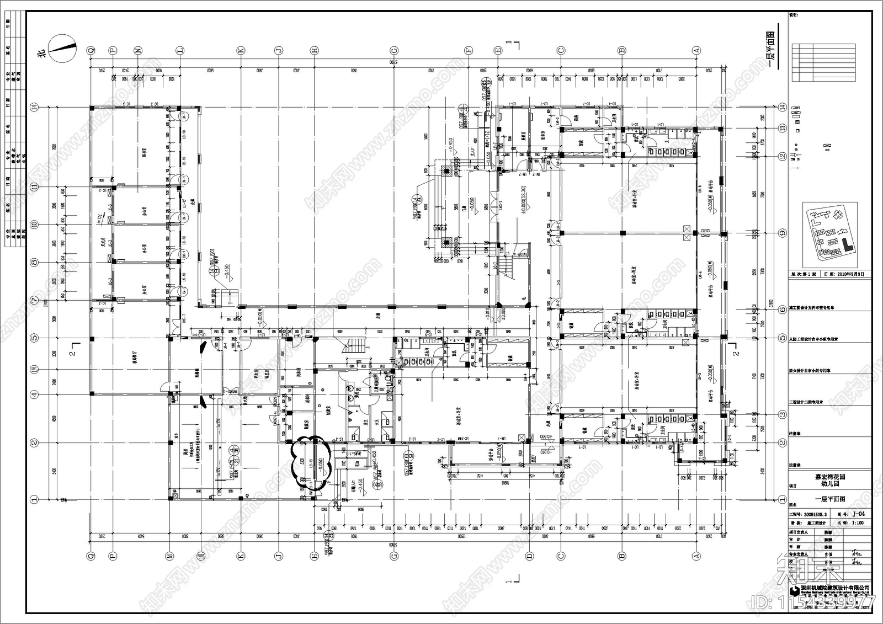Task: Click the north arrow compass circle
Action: click(x=62, y=48)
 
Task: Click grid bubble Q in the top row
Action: click(x=91, y=50)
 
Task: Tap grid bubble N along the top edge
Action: click(x=138, y=50)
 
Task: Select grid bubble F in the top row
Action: click(x=469, y=50)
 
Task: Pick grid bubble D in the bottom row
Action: click(x=529, y=557)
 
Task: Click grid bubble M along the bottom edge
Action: click(x=170, y=557)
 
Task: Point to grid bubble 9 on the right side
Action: click(x=782, y=233)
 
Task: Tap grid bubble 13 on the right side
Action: click(x=782, y=128)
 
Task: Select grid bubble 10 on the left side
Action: click(x=34, y=225)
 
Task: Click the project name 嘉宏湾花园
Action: click(x=831, y=477)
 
